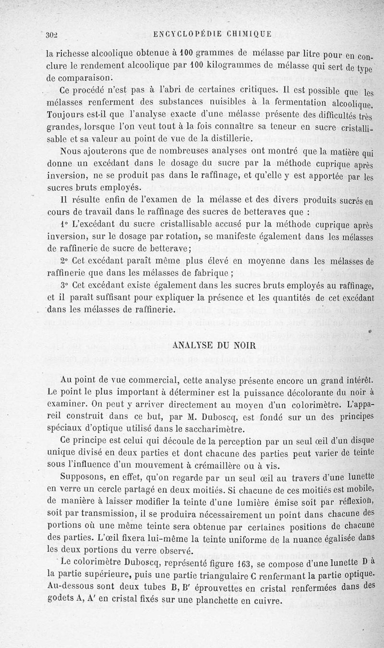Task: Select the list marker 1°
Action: [65, 224]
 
